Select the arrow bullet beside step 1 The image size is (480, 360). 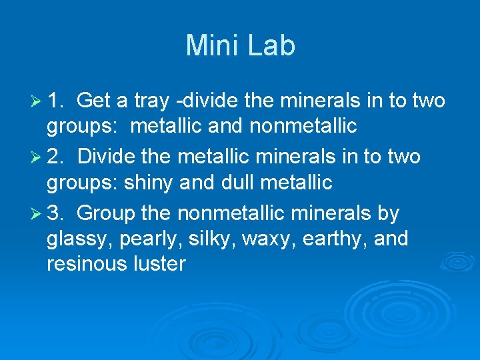36,101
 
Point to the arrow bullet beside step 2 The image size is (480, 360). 36,157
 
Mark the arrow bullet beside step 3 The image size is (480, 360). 36,214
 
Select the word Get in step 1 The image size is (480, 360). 95,101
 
